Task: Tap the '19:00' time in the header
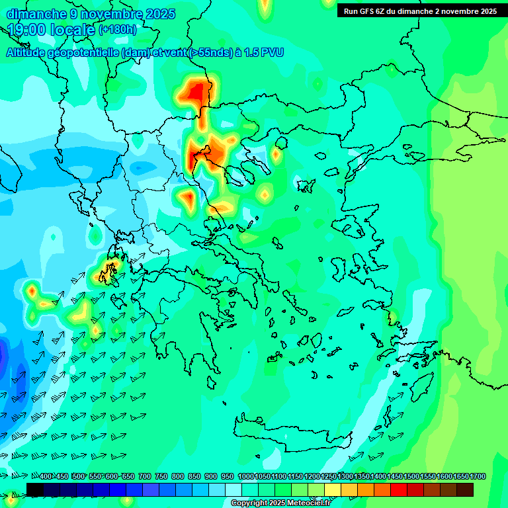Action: [26, 30]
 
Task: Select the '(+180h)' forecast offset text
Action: [118, 29]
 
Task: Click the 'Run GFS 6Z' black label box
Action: [421, 11]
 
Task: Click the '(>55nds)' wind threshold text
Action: [210, 52]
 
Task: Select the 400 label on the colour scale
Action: [46, 477]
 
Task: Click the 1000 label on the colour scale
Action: [245, 477]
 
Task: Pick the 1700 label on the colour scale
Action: [461, 477]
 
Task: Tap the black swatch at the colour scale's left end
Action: [35, 489]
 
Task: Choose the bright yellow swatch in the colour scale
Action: [333, 489]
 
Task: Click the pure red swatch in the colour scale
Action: [399, 489]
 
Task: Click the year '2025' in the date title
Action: [159, 14]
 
